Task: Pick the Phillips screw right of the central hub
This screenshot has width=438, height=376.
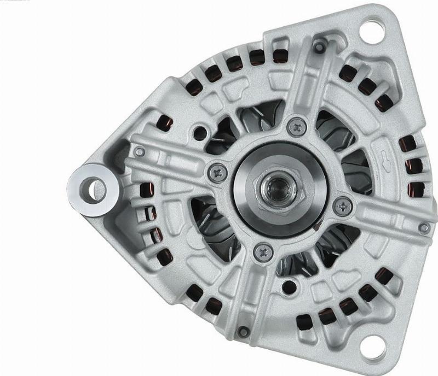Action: click(343, 206)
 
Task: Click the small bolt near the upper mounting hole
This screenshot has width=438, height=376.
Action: click(319, 48)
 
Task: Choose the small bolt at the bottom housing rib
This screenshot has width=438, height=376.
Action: click(245, 332)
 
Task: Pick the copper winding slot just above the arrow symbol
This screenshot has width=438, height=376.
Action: click(405, 143)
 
